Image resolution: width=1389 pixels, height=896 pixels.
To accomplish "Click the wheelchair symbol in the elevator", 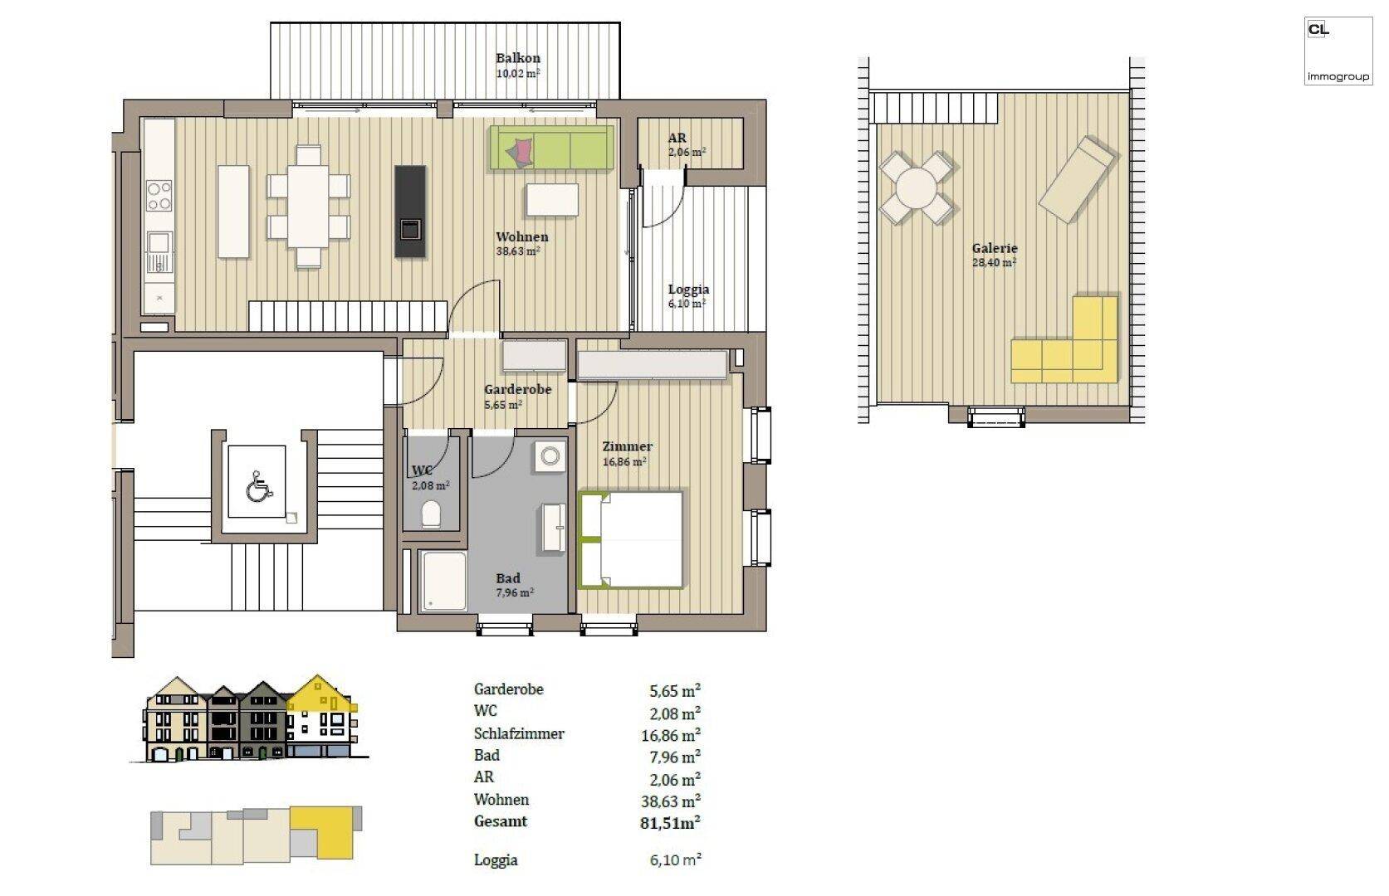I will click(x=258, y=487).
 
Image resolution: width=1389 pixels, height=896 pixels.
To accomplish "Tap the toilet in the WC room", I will click(x=431, y=514).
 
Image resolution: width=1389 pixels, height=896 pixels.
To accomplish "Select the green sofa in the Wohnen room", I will click(x=551, y=149).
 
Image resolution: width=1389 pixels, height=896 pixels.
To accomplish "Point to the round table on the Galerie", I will click(x=916, y=188).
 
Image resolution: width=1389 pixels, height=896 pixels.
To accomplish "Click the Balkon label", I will click(x=517, y=58).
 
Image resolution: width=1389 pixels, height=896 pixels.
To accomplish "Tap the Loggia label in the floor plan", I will click(x=688, y=290).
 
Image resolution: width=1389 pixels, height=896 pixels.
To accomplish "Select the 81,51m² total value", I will click(x=670, y=823).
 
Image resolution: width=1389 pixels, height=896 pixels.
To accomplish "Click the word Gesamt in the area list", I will click(x=501, y=821).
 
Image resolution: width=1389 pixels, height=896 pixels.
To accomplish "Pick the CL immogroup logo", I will click(x=1337, y=51).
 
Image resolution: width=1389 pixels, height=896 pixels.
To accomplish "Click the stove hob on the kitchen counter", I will click(x=159, y=196).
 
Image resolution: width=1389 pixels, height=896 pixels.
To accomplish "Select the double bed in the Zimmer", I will click(x=631, y=540).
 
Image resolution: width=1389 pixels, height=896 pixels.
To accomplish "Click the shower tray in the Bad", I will click(x=442, y=581).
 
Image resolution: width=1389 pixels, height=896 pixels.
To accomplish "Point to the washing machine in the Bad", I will click(x=549, y=456).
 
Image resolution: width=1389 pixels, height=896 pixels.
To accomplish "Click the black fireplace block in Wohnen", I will click(x=409, y=212).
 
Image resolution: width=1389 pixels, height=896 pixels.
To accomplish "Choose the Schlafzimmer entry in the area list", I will click(x=519, y=734).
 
